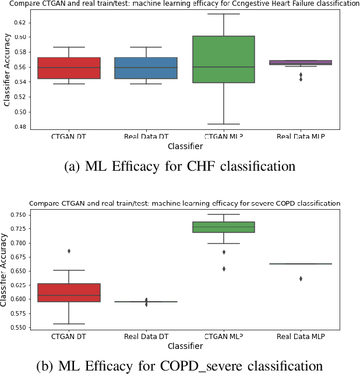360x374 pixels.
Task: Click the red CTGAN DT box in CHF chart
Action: (69, 68)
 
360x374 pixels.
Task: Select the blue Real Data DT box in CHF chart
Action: (146, 68)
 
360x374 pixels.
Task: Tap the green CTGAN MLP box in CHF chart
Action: (224, 59)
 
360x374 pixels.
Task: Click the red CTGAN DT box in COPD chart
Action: (69, 292)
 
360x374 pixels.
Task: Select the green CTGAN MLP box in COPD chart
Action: (224, 227)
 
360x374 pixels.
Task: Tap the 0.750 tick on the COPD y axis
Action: (17, 214)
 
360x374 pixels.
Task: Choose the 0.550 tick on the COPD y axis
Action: (17, 327)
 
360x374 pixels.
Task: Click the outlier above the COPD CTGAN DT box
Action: (69, 251)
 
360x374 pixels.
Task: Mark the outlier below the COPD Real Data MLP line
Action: (301, 278)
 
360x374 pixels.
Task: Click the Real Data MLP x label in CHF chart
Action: (301, 136)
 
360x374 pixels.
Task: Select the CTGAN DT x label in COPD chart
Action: (69, 337)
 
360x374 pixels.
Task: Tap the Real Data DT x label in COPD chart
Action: (146, 337)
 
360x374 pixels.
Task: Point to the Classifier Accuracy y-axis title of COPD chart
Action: (5, 271)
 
